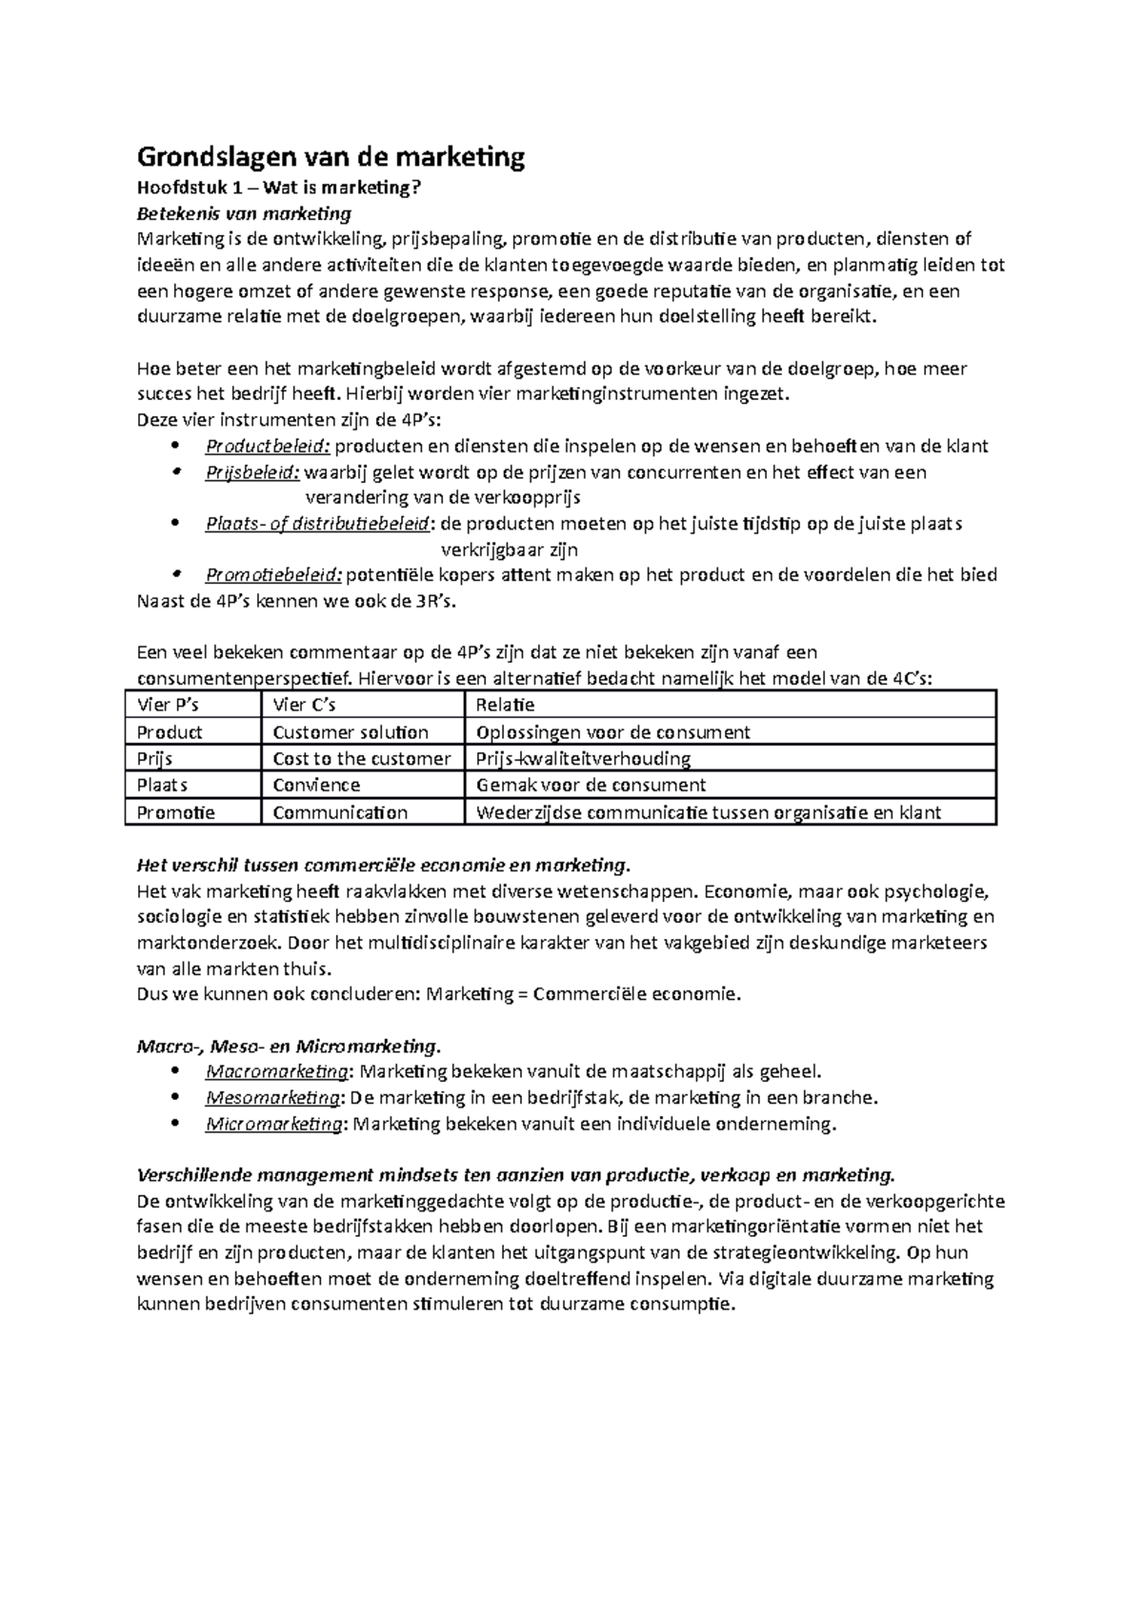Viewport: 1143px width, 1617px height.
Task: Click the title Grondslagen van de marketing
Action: [x=331, y=156]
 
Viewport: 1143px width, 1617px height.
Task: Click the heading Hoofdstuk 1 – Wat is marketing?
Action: [x=278, y=188]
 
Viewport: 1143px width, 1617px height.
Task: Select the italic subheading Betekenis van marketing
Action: [x=245, y=212]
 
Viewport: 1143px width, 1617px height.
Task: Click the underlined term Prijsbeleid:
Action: [x=252, y=472]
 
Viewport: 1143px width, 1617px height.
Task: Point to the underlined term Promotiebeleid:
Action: [x=273, y=575]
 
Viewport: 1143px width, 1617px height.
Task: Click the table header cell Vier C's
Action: [x=305, y=705]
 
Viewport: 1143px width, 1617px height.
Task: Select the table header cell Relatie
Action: [x=505, y=705]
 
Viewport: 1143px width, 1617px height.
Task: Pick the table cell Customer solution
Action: [x=351, y=732]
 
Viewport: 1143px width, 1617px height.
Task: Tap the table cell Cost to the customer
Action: [x=361, y=759]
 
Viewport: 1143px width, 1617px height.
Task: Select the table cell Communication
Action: [x=340, y=812]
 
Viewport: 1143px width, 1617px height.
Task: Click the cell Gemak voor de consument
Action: [x=591, y=786]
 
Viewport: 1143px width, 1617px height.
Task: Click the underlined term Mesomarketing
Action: [x=272, y=1098]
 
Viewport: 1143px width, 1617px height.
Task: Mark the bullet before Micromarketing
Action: [x=172, y=1124]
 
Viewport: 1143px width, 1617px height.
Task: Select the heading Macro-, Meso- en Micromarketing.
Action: [x=290, y=1047]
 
